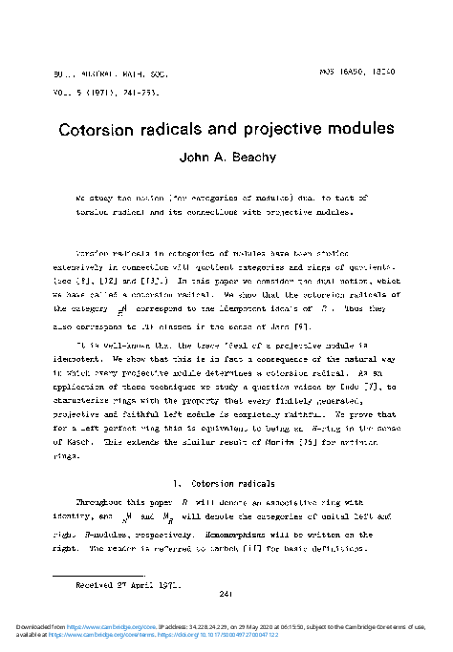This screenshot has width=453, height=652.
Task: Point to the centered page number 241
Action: (x=226, y=595)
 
